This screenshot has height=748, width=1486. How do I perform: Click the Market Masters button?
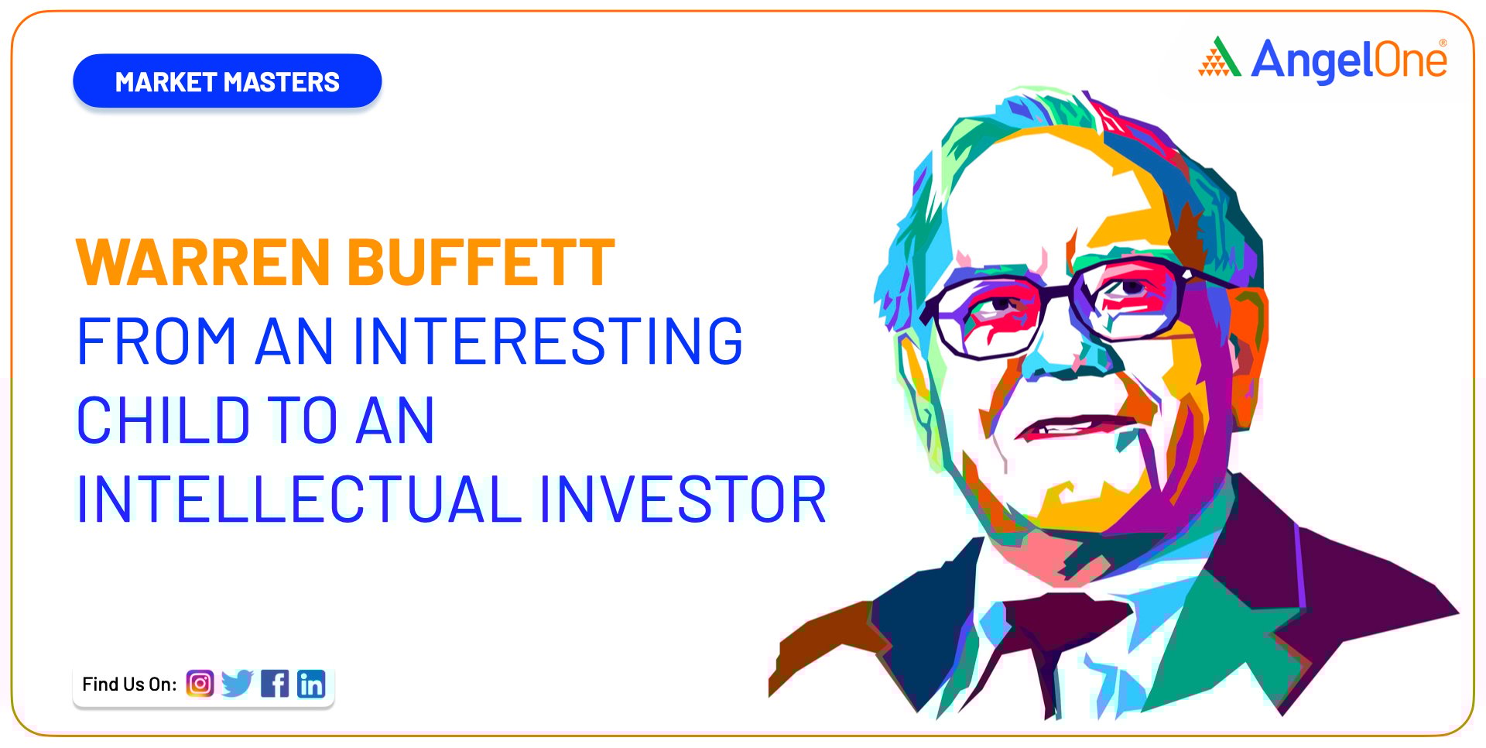[x=227, y=81]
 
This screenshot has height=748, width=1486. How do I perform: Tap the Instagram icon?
[x=200, y=684]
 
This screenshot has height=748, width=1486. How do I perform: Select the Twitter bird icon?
[x=237, y=684]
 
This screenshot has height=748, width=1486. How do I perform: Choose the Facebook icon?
[x=275, y=684]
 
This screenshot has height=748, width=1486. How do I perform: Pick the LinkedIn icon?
[x=311, y=684]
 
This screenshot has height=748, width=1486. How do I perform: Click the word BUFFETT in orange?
[x=481, y=262]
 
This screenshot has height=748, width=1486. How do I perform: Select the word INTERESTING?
[x=548, y=341]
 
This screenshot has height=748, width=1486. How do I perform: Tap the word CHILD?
[x=163, y=420]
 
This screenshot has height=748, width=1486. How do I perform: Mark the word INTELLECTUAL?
[x=300, y=499]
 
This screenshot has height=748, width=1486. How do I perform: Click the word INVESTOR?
[x=683, y=499]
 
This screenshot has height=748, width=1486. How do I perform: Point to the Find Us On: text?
[x=129, y=685]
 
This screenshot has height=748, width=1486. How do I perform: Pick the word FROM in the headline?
[x=156, y=341]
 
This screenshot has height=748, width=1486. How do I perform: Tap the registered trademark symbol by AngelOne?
[x=1443, y=43]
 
